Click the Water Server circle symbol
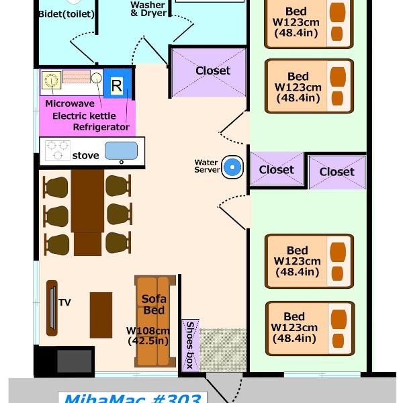click(x=232, y=167)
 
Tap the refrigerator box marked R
click(x=117, y=84)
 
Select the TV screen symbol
click(x=52, y=308)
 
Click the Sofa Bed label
click(x=154, y=304)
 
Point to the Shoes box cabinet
click(x=190, y=345)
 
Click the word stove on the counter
click(x=85, y=156)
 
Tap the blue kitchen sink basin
click(x=121, y=150)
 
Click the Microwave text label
click(x=70, y=103)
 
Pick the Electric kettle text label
click(x=84, y=116)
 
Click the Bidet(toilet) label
click(x=66, y=14)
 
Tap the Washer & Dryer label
click(x=148, y=9)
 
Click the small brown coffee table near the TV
click(x=101, y=315)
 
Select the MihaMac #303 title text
click(x=132, y=398)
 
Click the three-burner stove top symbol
click(x=57, y=150)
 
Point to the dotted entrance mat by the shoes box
click(x=223, y=350)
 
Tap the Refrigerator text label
click(x=101, y=127)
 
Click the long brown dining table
click(x=87, y=212)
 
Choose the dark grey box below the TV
click(x=75, y=361)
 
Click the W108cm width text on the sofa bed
click(x=148, y=330)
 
